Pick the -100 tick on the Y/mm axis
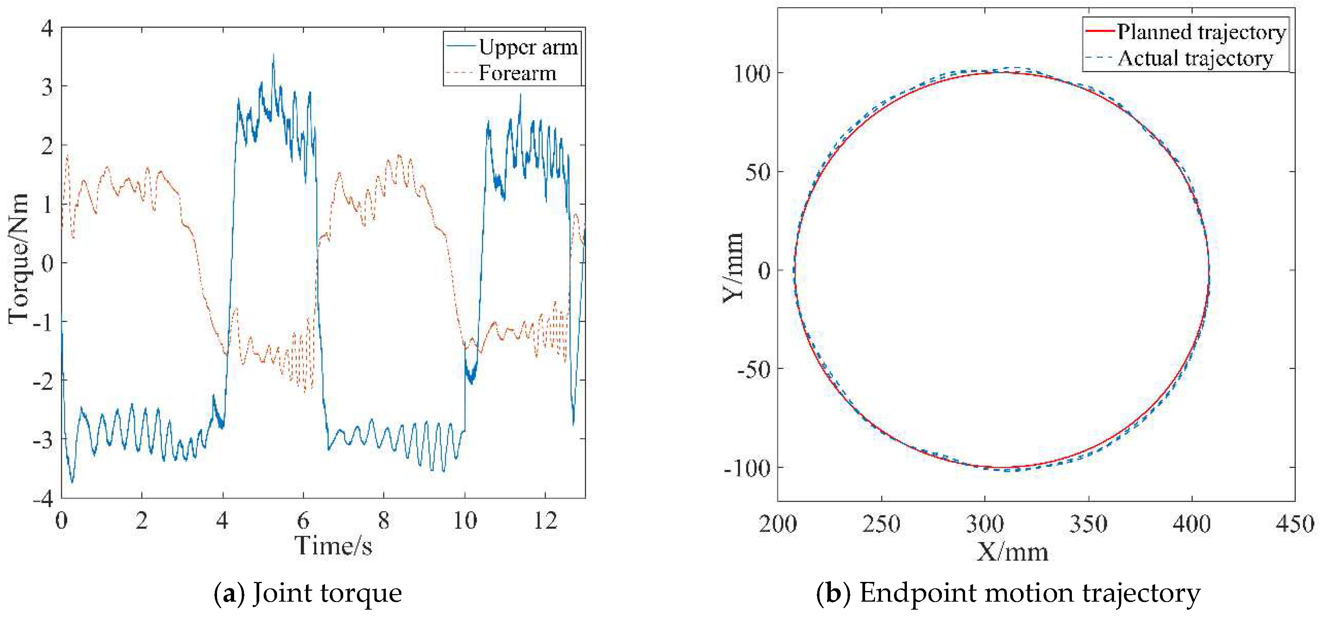(x=747, y=468)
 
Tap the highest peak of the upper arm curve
(x=273, y=54)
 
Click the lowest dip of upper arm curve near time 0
(x=72, y=482)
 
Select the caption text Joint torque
(x=327, y=593)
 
